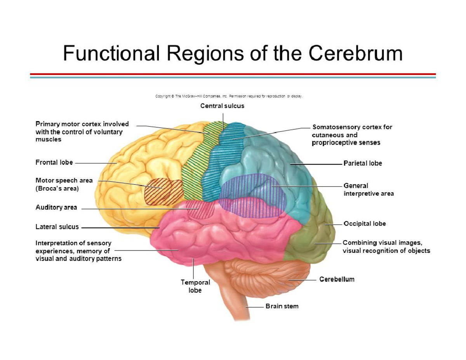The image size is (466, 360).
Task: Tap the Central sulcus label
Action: (222, 106)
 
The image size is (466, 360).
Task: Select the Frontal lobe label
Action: (54, 162)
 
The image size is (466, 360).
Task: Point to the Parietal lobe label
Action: (362, 163)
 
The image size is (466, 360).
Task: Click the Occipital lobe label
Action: (364, 224)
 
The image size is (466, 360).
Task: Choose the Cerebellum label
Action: (337, 279)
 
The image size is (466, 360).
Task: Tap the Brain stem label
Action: (282, 306)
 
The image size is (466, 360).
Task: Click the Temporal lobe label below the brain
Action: (195, 286)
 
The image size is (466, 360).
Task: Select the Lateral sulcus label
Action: (57, 227)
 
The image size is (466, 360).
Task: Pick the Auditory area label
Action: (56, 207)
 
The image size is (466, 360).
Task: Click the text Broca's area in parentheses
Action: (57, 189)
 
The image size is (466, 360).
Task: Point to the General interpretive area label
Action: (368, 190)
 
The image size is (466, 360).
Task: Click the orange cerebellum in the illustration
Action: (268, 276)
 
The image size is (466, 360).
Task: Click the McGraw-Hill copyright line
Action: (229, 96)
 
